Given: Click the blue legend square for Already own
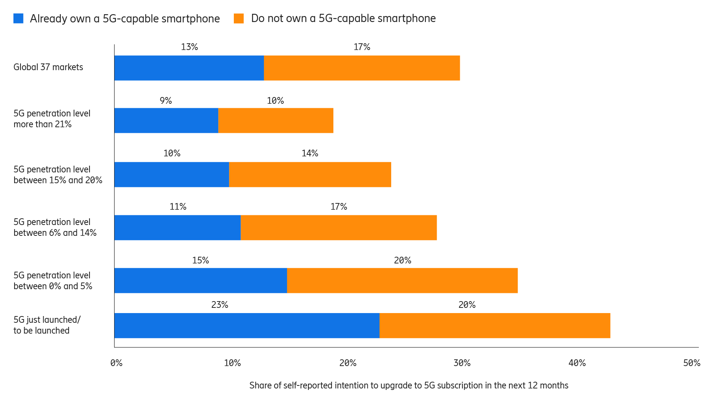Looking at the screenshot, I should (x=18, y=18).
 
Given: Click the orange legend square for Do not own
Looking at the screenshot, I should (x=239, y=18).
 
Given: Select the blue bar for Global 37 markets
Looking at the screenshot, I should (x=189, y=68).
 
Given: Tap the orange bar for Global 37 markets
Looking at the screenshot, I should (x=362, y=68).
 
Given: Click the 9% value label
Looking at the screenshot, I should (x=166, y=101).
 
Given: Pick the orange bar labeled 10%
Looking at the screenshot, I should (x=276, y=121).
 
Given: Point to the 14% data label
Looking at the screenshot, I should (x=310, y=153).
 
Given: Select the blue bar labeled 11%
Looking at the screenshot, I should (x=178, y=228).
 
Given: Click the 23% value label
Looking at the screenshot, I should (x=219, y=305).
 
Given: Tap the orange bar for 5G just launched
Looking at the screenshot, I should (x=494, y=325).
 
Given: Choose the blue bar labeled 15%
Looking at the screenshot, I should (x=201, y=280).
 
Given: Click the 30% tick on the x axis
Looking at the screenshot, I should (x=462, y=363).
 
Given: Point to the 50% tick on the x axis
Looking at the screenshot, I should (x=691, y=363).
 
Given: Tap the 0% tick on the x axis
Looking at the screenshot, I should (x=116, y=363).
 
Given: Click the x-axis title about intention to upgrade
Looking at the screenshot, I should (x=409, y=385).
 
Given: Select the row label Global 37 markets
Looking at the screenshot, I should (x=48, y=67).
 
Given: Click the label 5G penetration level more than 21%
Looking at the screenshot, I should (x=52, y=119).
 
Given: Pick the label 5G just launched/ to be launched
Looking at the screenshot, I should (x=47, y=325).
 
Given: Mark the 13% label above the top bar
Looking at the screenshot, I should (x=189, y=47).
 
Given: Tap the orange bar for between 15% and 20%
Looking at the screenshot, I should (x=310, y=174).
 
